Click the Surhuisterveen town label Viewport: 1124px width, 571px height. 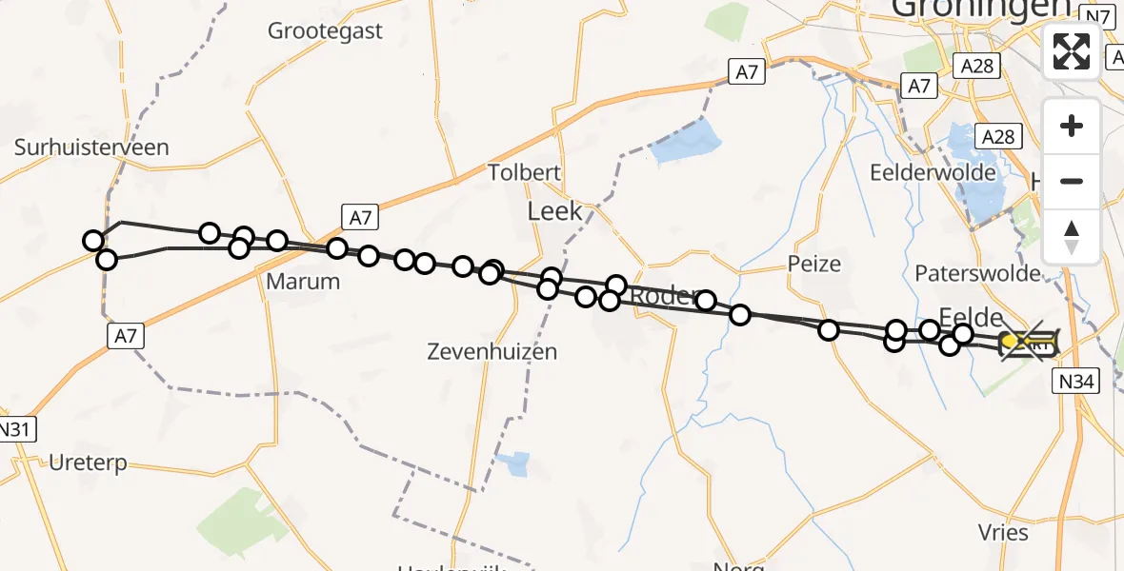pyautogui.click(x=91, y=148)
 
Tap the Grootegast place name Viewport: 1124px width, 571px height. pyautogui.click(x=325, y=30)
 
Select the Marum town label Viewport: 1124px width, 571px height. pyautogui.click(x=303, y=281)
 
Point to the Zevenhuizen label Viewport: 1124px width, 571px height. pyautogui.click(x=492, y=352)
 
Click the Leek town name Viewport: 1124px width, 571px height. pyautogui.click(x=554, y=211)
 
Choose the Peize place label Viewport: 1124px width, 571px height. pyautogui.click(x=814, y=264)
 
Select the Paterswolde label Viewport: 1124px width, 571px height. pyautogui.click(x=977, y=274)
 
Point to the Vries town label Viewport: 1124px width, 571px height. pyautogui.click(x=1003, y=532)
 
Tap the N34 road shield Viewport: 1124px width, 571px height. pyautogui.click(x=1075, y=383)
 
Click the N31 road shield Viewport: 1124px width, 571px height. pyautogui.click(x=16, y=429)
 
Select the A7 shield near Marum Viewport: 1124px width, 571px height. pyautogui.click(x=359, y=218)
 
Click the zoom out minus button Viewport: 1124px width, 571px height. pyautogui.click(x=1072, y=181)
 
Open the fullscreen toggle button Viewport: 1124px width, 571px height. pyautogui.click(x=1072, y=51)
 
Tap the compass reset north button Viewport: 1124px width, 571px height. pyautogui.click(x=1072, y=236)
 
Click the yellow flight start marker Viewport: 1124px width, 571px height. pyautogui.click(x=1010, y=341)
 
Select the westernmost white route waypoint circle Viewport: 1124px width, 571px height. pyautogui.click(x=93, y=241)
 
